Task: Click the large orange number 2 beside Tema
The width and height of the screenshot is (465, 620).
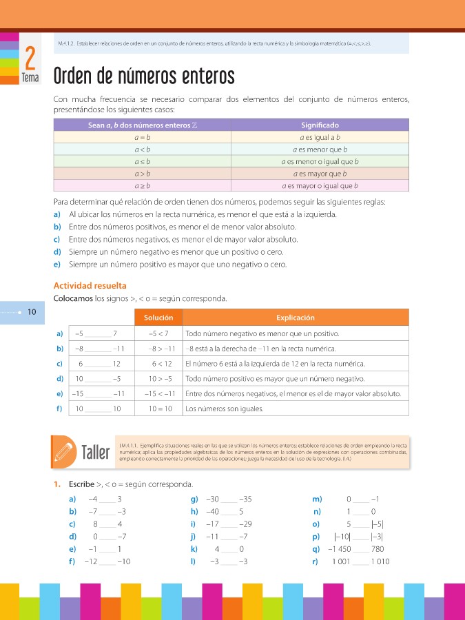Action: [x=30, y=59]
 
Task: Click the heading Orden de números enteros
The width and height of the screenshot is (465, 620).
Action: [x=144, y=76]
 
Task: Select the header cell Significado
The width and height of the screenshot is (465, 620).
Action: [x=320, y=125]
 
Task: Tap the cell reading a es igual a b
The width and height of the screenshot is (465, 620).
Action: [x=320, y=137]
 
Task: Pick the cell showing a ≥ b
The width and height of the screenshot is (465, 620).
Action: [x=143, y=186]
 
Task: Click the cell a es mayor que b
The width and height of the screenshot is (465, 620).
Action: [x=320, y=174]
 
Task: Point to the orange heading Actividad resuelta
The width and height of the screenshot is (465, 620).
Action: [x=90, y=285]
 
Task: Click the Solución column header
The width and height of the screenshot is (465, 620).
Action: [x=163, y=318]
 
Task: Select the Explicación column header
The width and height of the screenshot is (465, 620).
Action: [x=296, y=318]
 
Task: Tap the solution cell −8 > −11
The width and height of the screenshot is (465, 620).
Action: [x=163, y=349]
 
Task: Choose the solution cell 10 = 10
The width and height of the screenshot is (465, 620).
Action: [x=163, y=409]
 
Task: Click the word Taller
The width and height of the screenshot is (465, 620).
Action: [x=95, y=453]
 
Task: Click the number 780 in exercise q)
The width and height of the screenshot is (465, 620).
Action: [x=377, y=549]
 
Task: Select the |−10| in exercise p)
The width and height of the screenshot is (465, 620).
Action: [x=342, y=537]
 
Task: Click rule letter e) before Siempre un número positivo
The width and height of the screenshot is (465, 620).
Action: [x=56, y=265]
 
